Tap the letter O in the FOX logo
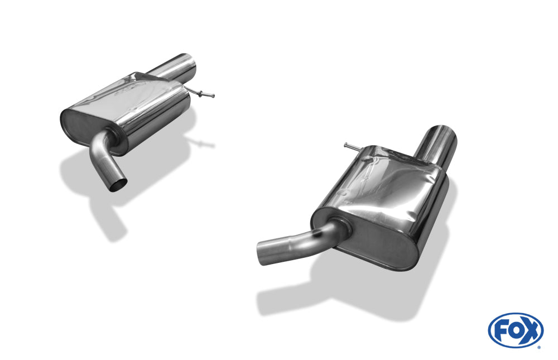coord(515,331)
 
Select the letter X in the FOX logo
coord(531,331)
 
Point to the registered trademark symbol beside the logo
coord(538,347)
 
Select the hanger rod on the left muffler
coord(201,93)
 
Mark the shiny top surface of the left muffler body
coord(139,95)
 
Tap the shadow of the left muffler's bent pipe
coord(106,218)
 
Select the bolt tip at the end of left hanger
coord(212,96)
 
